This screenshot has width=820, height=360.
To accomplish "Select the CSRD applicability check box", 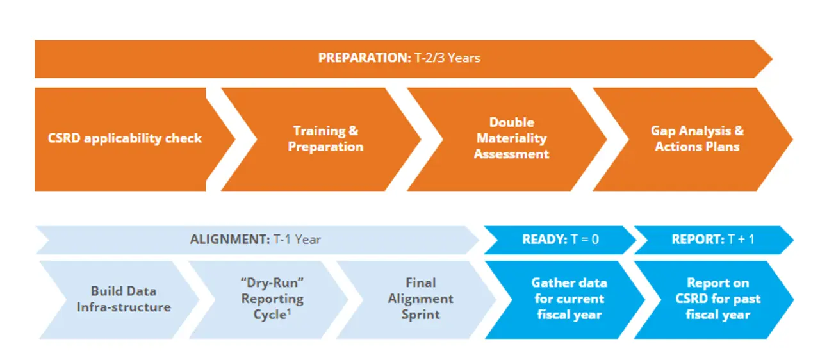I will (x=124, y=138).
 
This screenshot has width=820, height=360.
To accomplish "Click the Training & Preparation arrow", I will (x=325, y=138).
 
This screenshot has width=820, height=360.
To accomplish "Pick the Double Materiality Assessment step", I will (x=511, y=138).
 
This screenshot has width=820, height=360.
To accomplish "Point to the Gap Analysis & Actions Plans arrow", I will (x=697, y=138).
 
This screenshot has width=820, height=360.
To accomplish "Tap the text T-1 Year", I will (x=297, y=240).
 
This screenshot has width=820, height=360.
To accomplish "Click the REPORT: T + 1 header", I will (x=712, y=240).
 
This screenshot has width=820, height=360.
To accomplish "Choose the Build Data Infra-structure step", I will (x=124, y=299).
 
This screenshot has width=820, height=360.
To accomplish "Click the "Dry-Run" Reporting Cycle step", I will (x=272, y=299).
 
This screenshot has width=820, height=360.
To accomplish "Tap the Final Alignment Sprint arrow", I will (x=420, y=299).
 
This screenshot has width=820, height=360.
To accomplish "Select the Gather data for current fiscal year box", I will (x=569, y=299).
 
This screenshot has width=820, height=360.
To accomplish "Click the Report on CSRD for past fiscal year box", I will (x=717, y=299).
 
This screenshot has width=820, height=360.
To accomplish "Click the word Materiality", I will (x=511, y=138).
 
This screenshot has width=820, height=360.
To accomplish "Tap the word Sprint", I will (x=420, y=315).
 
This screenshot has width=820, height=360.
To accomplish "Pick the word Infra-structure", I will (x=124, y=307).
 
